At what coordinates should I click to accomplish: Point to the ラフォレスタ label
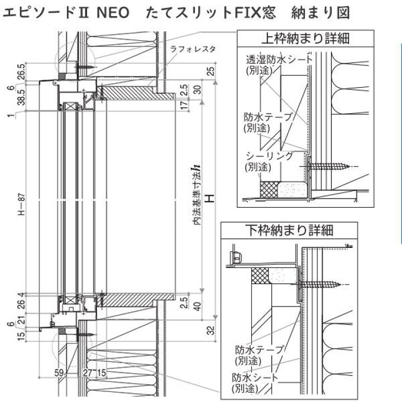(x=200, y=49)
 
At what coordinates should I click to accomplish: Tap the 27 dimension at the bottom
(x=88, y=372)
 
